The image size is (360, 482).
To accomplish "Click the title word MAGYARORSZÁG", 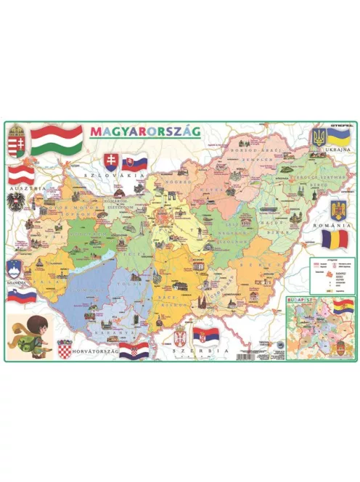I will click(146, 132).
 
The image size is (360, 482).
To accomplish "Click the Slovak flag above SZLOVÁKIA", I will click(135, 162).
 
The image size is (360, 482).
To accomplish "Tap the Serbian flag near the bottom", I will click(204, 336).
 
